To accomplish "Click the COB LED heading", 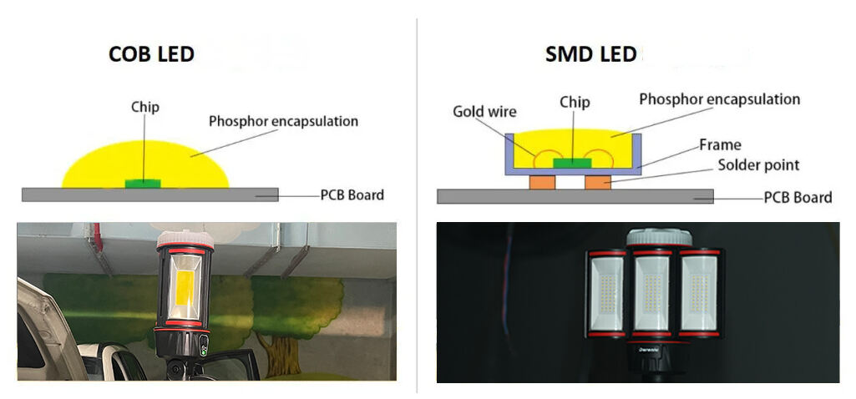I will tap(151, 55).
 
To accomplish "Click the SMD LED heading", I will tap(590, 55).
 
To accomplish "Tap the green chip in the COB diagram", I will tap(144, 181).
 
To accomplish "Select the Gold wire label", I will tap(484, 111).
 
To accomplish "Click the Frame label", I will tap(720, 145).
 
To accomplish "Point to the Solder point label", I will tap(758, 164).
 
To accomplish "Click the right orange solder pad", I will tap(598, 181).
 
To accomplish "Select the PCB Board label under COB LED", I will tap(352, 195).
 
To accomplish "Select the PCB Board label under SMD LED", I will tap(798, 198).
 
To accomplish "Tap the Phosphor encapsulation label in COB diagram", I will tap(283, 122).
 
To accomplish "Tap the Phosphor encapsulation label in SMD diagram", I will tap(719, 99).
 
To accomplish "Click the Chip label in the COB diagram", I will tap(144, 107).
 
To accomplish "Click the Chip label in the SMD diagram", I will tap(575, 103).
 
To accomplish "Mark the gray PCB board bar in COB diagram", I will tap(84, 194).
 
